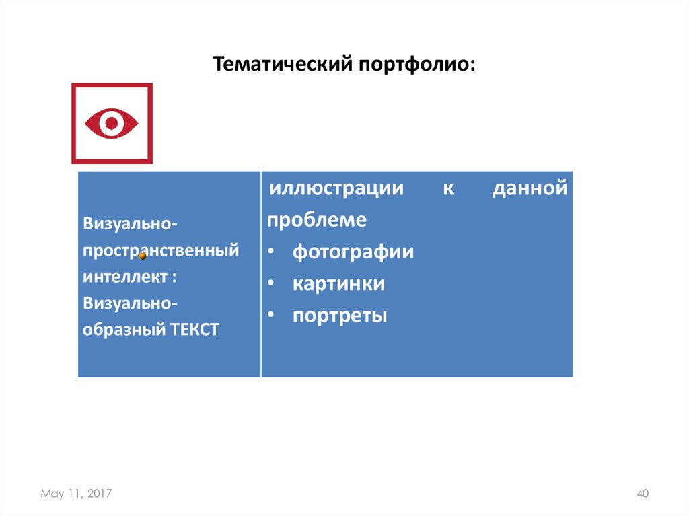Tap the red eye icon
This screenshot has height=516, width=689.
coord(112,123)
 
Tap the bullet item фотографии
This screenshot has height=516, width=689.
coord(353,252)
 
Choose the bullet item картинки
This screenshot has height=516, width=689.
coord(338,284)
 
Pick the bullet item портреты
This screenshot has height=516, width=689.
coord(339,316)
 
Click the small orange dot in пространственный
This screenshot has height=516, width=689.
coord(143,256)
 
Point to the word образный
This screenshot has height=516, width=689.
coord(122,330)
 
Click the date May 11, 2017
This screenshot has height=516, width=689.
coord(76,494)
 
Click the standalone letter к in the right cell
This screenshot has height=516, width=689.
coord(448,188)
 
